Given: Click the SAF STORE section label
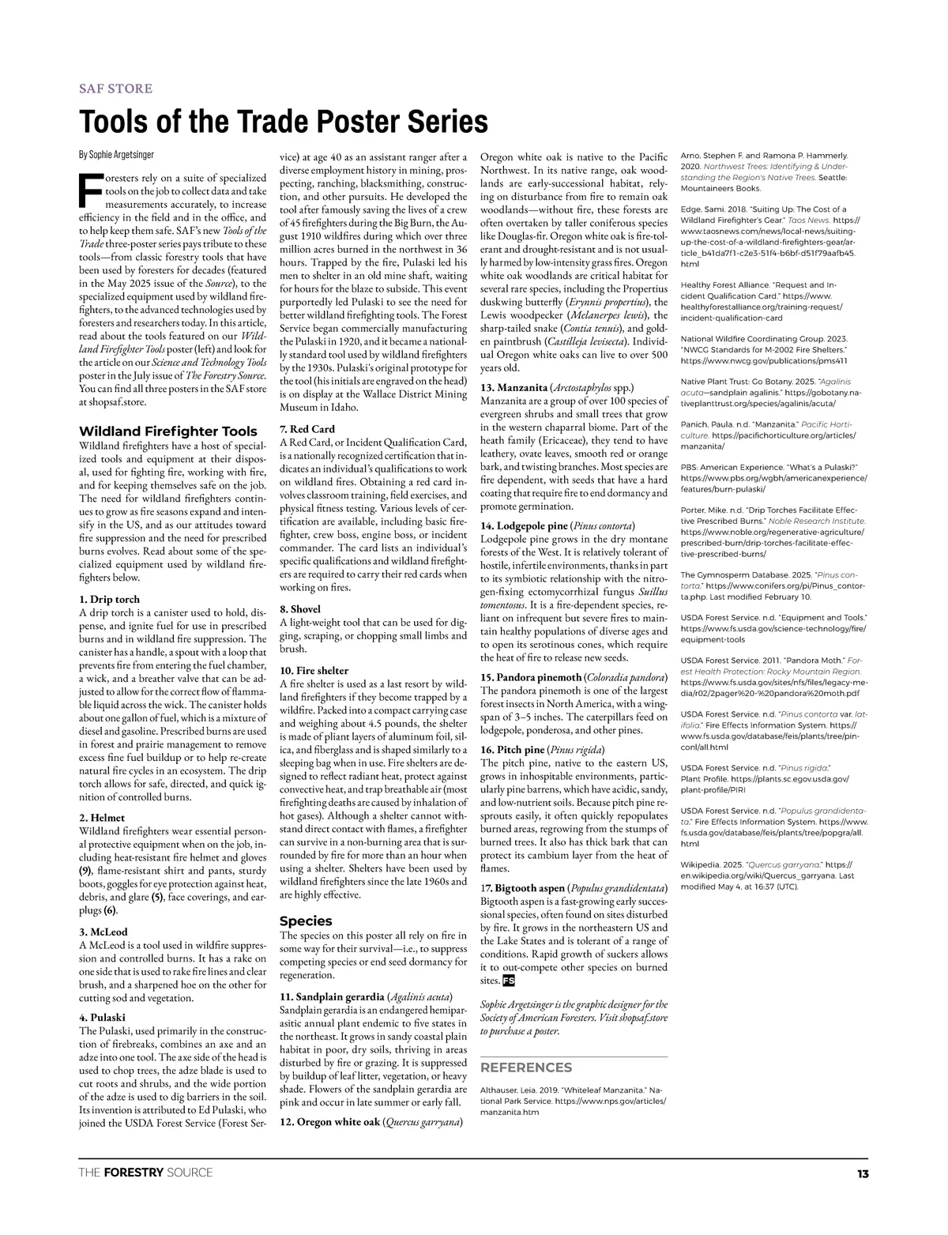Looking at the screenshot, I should click(115, 88).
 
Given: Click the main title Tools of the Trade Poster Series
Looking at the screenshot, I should click(283, 122).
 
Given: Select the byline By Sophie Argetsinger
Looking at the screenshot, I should click(116, 154).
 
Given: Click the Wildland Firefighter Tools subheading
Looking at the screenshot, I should click(167, 431).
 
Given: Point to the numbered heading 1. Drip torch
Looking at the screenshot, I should click(110, 600).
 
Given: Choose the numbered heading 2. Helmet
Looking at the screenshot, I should click(102, 817).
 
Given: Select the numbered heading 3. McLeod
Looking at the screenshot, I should click(103, 932).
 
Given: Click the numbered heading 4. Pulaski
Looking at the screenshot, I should click(103, 1018).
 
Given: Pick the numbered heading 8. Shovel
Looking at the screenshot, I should click(300, 609).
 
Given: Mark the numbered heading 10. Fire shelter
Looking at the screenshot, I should click(314, 670).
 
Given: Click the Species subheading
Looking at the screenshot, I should click(306, 921).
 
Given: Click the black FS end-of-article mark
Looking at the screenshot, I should click(508, 981).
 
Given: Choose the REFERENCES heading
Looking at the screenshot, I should click(526, 1067).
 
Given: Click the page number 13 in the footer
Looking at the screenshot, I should click(862, 1173).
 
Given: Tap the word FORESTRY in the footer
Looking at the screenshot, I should click(134, 1173).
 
